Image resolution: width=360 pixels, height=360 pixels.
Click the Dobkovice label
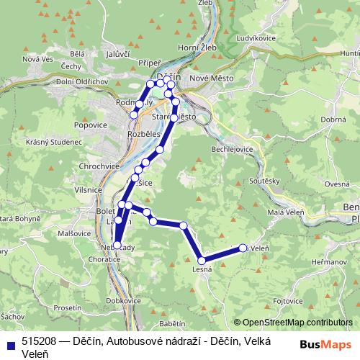coord(123,300)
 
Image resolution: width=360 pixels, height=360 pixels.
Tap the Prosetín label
coord(67,307)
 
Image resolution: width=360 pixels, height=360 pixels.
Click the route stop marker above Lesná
coord(202,260)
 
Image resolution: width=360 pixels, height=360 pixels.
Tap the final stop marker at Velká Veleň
coord(243,248)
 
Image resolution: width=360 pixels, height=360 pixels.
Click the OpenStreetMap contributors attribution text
coord(297,323)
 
